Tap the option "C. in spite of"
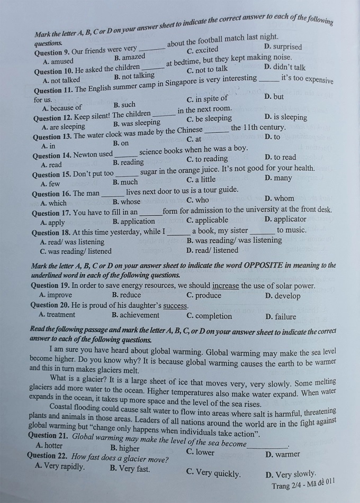click(207, 98)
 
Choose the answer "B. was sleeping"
click(137, 123)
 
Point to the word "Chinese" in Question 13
click(190, 130)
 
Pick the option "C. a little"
click(201, 179)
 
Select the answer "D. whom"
click(279, 198)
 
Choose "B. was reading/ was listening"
click(234, 240)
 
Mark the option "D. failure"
click(281, 317)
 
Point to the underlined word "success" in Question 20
click(175, 306)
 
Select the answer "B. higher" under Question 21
click(124, 449)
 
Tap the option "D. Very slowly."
click(291, 474)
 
